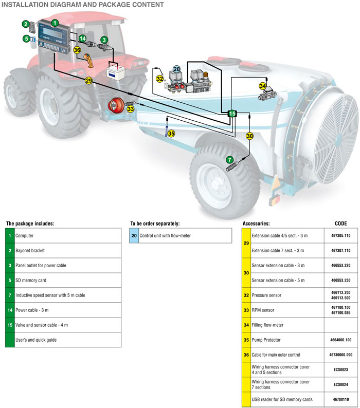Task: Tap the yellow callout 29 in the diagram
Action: pyautogui.click(x=88, y=81)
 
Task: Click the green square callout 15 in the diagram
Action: pyautogui.click(x=232, y=113)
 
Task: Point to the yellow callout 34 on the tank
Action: pyautogui.click(x=263, y=86)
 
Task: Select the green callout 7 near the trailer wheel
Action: pyautogui.click(x=230, y=160)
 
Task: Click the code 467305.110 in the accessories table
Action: pyautogui.click(x=340, y=235)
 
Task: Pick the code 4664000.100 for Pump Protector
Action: pyautogui.click(x=340, y=340)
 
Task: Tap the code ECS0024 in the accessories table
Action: pyautogui.click(x=340, y=384)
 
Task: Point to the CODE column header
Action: pyautogui.click(x=337, y=224)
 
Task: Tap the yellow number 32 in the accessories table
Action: pyautogui.click(x=246, y=295)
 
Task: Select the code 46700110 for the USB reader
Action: pyautogui.click(x=340, y=399)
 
